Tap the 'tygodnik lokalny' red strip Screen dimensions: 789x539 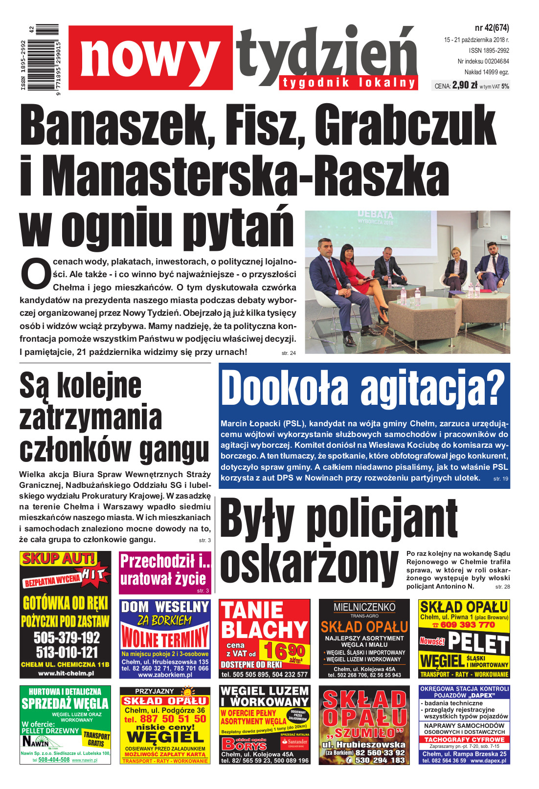click(349, 83)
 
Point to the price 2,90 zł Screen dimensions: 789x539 click(464, 86)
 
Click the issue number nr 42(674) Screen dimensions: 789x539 click(491, 28)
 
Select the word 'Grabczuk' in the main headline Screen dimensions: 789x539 click(405, 128)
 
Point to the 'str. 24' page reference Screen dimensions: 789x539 click(289, 353)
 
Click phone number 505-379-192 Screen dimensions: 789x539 click(67, 637)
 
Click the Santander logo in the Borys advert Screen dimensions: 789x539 click(294, 742)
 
